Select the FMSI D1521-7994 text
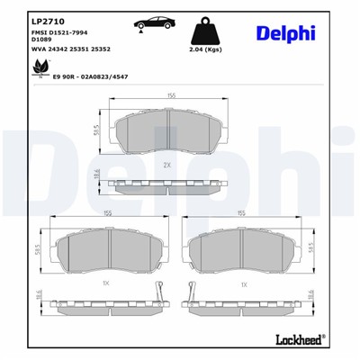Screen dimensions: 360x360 [60, 31]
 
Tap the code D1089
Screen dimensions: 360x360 [41, 39]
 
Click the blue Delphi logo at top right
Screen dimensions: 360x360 [286, 33]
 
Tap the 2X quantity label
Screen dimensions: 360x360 [168, 166]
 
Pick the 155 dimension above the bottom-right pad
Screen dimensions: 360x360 [242, 213]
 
